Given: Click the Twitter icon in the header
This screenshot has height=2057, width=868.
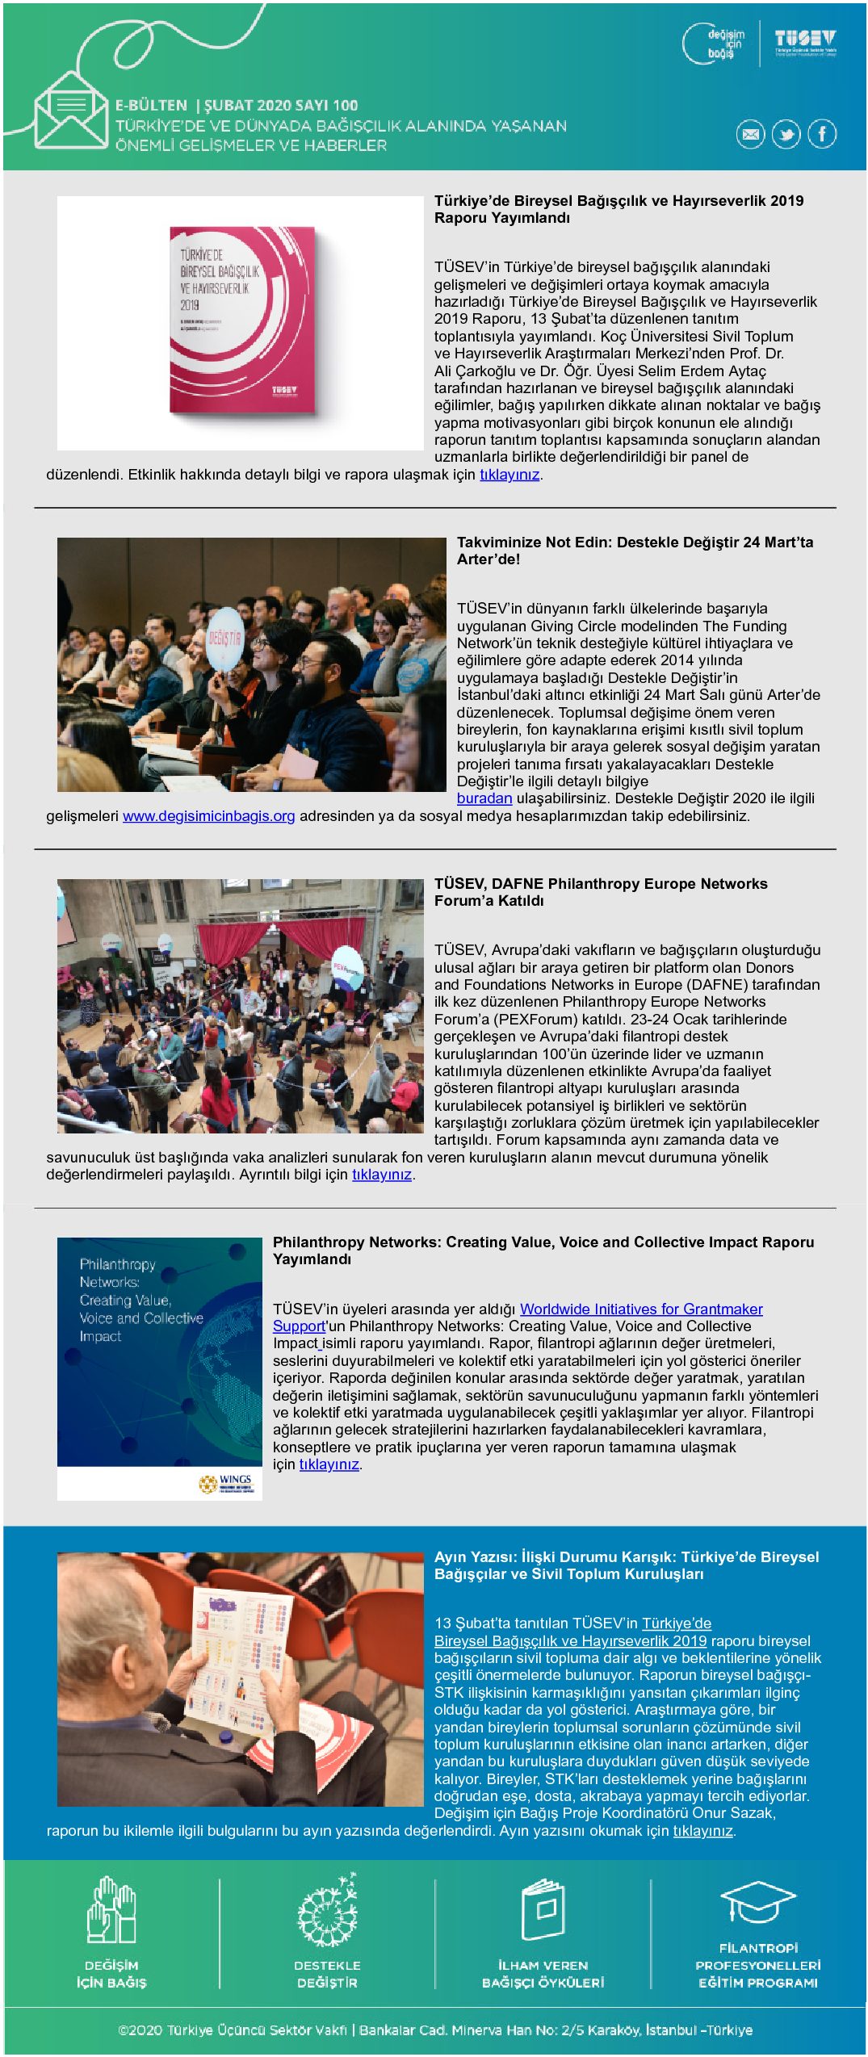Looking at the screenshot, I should coord(786,134).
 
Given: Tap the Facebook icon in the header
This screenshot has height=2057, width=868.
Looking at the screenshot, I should coord(822,134).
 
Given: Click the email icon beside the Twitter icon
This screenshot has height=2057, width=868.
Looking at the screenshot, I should coord(750,134).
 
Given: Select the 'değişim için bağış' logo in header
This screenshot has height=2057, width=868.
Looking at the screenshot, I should coord(715,44).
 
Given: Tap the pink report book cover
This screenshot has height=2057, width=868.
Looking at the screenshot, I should coord(241,320).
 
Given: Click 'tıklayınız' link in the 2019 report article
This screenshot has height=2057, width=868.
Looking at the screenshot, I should coord(509,475).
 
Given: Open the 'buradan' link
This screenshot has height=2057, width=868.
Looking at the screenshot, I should coord(484,798).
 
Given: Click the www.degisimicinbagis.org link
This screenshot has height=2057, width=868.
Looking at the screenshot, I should coord(208,816).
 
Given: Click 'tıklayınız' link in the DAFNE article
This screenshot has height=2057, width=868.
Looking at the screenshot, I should coord(382,1175).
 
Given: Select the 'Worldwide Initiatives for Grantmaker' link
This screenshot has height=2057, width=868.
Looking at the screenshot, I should coord(641,1309).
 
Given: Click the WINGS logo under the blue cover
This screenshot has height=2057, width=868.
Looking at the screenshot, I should coord(227,1484).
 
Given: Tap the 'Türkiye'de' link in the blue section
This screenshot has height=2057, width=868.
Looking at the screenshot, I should coord(677,1623).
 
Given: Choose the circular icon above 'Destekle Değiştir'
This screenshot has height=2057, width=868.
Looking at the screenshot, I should coord(327,1910).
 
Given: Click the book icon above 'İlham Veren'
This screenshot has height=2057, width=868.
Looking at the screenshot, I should coord(543,1910).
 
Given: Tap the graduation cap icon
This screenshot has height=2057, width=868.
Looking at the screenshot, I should coord(758,1904).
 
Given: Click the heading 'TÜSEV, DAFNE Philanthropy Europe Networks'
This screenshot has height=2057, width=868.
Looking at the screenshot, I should coord(601,884).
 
